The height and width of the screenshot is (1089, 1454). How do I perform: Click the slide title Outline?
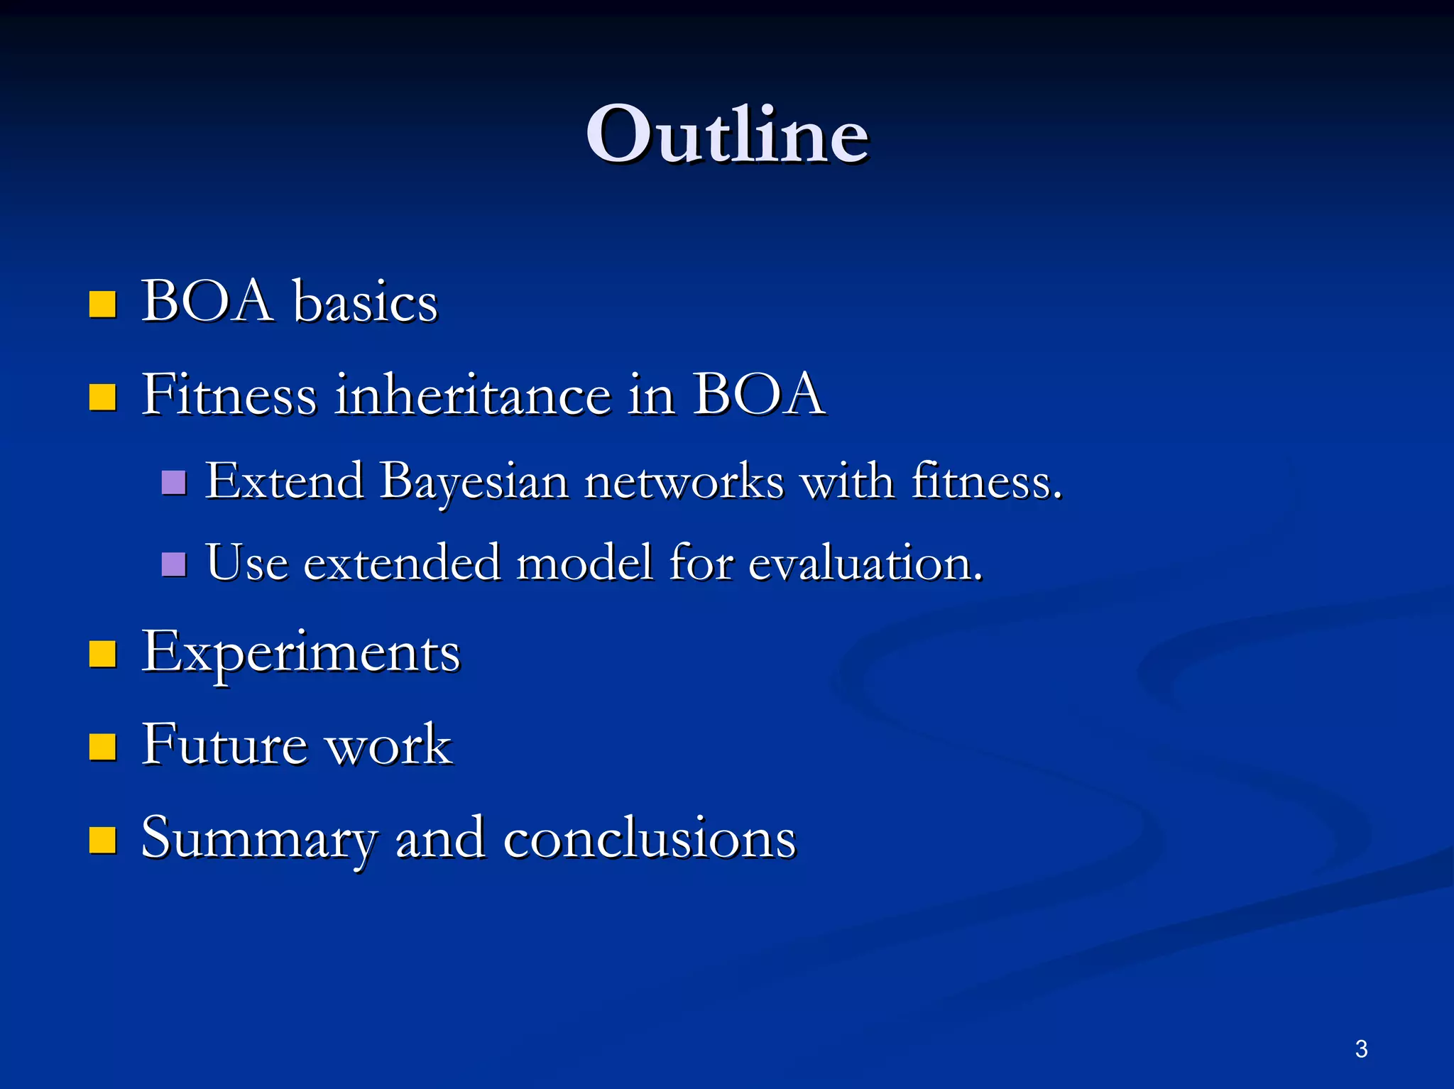[x=727, y=135]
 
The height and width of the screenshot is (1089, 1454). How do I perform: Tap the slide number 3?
[x=1361, y=1049]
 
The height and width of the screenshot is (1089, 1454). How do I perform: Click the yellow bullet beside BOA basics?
[x=103, y=304]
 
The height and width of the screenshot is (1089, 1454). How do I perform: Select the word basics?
[x=366, y=302]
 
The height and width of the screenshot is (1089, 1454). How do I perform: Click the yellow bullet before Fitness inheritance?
[x=103, y=398]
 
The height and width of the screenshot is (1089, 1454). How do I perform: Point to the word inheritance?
[x=472, y=395]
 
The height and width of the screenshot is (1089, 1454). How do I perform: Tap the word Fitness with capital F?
[x=229, y=395]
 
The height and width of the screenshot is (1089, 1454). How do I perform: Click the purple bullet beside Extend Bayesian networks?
[x=174, y=483]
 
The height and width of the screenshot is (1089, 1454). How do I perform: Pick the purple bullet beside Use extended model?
[x=174, y=564]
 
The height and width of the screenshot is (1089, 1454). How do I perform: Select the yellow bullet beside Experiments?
[x=103, y=655]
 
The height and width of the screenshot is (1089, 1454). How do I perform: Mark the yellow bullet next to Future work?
[x=103, y=747]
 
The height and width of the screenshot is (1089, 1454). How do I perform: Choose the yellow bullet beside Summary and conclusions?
[x=103, y=839]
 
